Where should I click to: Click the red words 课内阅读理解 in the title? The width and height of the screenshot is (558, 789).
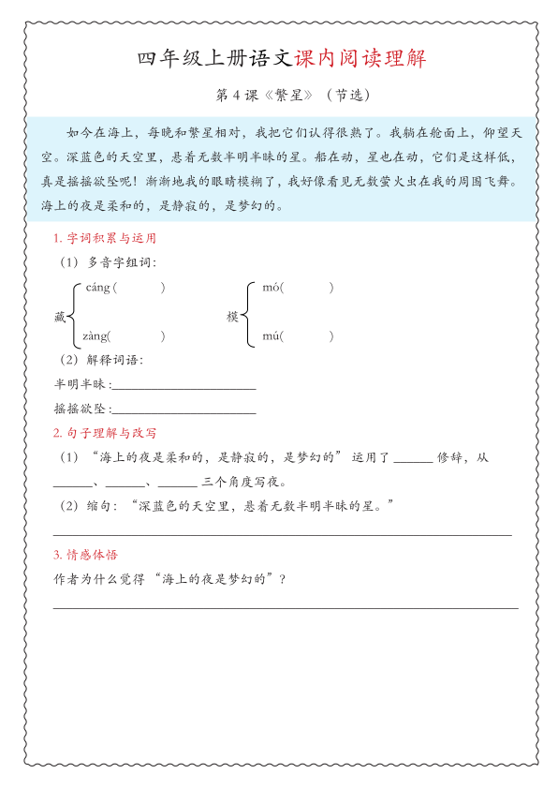pyautogui.click(x=360, y=59)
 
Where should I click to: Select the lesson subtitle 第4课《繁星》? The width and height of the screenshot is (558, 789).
pyautogui.click(x=254, y=95)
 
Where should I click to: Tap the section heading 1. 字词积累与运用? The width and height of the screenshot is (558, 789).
pyautogui.click(x=105, y=239)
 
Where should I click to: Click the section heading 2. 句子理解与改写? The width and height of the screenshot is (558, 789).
pyautogui.click(x=105, y=433)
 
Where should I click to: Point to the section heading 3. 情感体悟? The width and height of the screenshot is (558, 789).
pyautogui.click(x=86, y=555)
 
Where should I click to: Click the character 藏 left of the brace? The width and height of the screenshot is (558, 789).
pyautogui.click(x=61, y=318)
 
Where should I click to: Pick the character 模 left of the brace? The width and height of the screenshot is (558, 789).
pyautogui.click(x=233, y=318)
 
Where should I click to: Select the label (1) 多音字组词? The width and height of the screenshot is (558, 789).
pyautogui.click(x=108, y=262)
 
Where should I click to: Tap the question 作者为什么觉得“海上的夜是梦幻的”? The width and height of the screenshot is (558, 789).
pyautogui.click(x=170, y=578)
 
